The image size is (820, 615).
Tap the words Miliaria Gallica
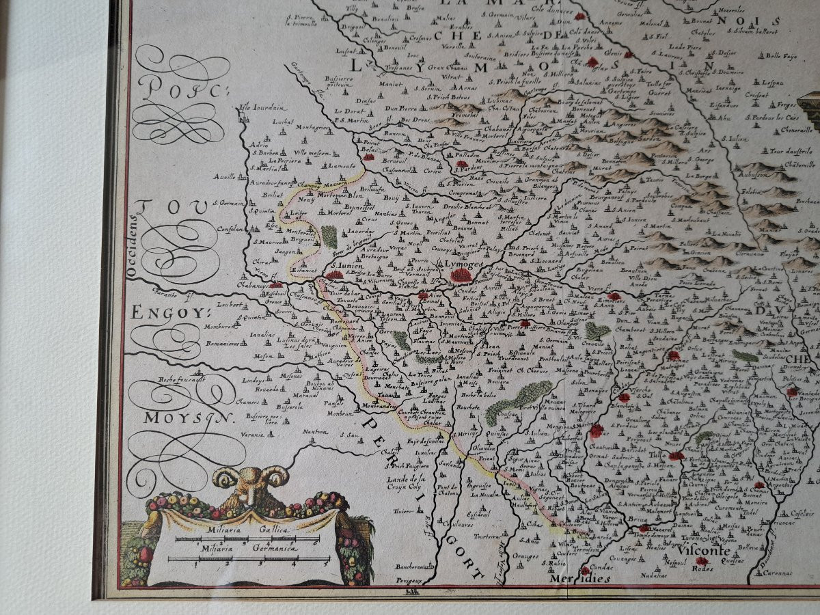[x=247, y=530]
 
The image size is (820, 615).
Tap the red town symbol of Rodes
[x=702, y=560]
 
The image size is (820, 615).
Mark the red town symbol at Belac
[x=369, y=156]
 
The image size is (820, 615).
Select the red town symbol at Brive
[x=643, y=528]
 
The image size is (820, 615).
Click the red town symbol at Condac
[x=585, y=570]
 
